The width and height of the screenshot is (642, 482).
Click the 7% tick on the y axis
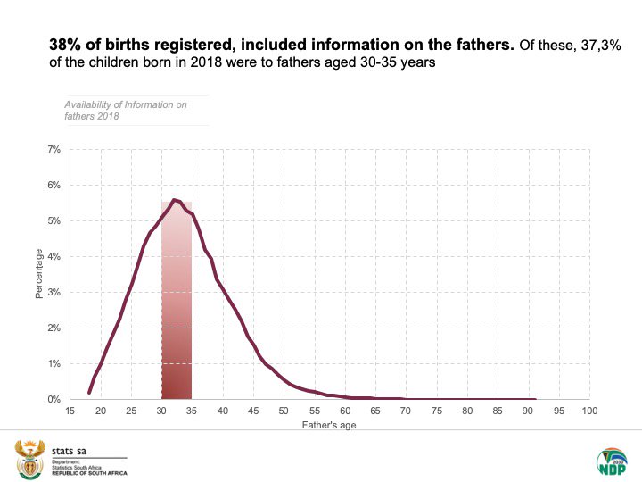point(54,149)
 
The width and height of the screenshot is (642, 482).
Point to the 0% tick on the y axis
point(54,399)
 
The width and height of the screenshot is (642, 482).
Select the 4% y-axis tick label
point(54,256)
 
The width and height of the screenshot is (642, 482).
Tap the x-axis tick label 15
point(70,411)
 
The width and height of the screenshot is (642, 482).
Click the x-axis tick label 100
point(588,411)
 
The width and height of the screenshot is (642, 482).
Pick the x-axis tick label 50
point(284,411)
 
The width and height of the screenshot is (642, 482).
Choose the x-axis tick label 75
point(436,411)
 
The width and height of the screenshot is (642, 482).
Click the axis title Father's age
point(329,424)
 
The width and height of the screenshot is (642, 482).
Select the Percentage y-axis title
point(39,275)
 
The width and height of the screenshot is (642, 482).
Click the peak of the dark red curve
point(174,200)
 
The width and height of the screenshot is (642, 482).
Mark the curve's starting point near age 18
point(89,392)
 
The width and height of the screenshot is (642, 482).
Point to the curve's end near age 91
point(535,399)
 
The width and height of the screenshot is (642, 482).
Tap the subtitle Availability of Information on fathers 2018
point(125,110)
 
